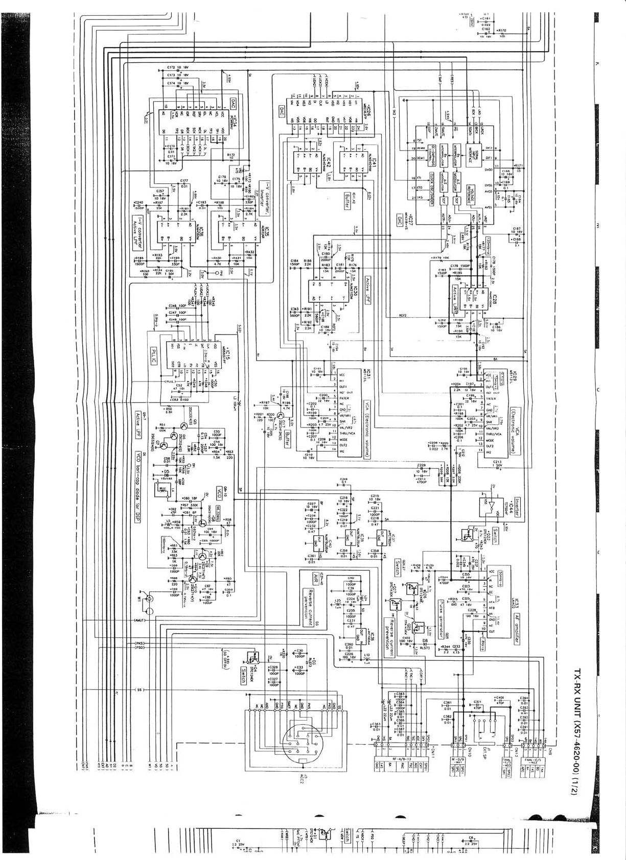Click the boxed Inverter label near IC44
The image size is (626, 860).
tap(517, 508)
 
